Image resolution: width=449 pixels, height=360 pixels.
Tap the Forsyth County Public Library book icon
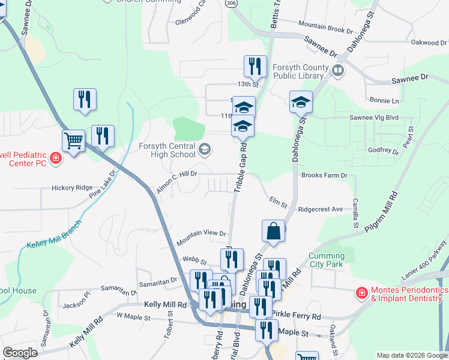[x=338, y=71]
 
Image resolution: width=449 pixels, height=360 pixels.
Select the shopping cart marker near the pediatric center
[x=73, y=142]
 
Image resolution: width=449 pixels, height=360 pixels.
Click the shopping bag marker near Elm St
[x=273, y=231]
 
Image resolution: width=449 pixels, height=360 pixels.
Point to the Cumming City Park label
[x=326, y=260]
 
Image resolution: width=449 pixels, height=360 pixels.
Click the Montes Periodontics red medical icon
[x=361, y=293]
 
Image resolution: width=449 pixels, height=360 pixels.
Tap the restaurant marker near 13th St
[x=255, y=67]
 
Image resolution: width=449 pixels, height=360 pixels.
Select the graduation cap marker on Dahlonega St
[x=301, y=102]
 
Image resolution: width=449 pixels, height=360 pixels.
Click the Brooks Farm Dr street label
[x=324, y=175]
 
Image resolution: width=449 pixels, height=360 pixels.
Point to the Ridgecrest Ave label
[x=320, y=209]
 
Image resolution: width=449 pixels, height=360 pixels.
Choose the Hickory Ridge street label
[x=72, y=188]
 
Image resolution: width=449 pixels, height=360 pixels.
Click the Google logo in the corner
[x=20, y=353]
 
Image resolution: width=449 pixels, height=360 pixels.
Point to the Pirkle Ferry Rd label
[x=296, y=316]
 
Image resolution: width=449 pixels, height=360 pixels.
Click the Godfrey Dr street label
[x=383, y=150]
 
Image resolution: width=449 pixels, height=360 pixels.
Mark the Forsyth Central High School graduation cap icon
[x=204, y=150]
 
